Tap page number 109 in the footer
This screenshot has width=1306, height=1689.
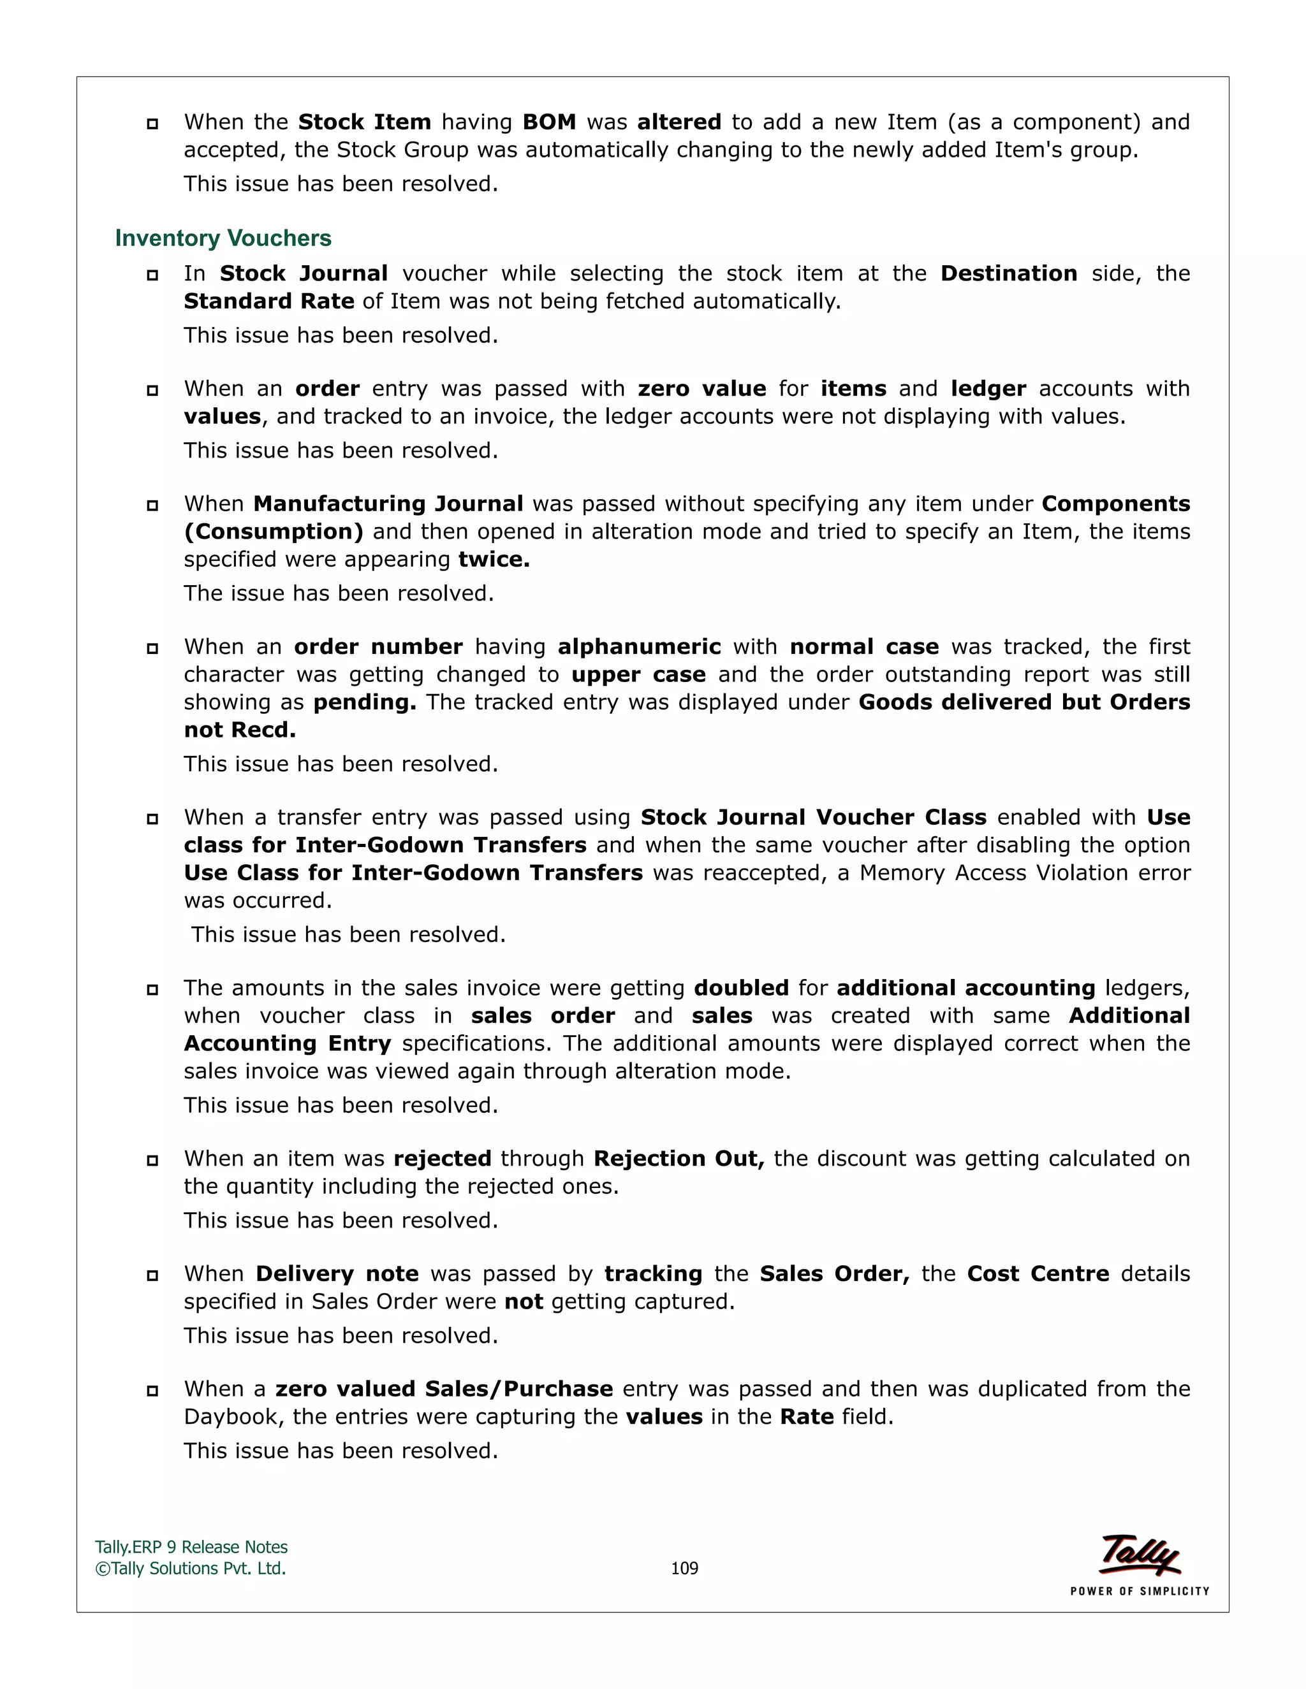(x=684, y=1568)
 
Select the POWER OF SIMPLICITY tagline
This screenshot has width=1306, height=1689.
(x=1139, y=1591)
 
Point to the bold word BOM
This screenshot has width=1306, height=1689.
(x=549, y=122)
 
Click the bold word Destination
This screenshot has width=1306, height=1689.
(x=1008, y=274)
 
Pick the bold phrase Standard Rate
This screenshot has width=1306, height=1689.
(x=268, y=301)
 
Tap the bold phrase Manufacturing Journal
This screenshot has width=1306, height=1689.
(x=388, y=504)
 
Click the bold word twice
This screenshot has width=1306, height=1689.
(x=494, y=560)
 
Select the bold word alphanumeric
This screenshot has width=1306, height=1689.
(x=639, y=648)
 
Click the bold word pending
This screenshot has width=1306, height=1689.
(x=364, y=703)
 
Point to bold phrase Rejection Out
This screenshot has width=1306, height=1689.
(x=679, y=1159)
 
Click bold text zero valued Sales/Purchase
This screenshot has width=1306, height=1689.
(x=444, y=1389)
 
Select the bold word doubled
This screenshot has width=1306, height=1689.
(x=741, y=989)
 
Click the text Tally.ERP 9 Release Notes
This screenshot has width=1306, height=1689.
(x=191, y=1547)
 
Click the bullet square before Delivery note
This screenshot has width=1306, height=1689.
(x=152, y=1276)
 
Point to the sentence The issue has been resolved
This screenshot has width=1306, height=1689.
(x=338, y=594)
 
